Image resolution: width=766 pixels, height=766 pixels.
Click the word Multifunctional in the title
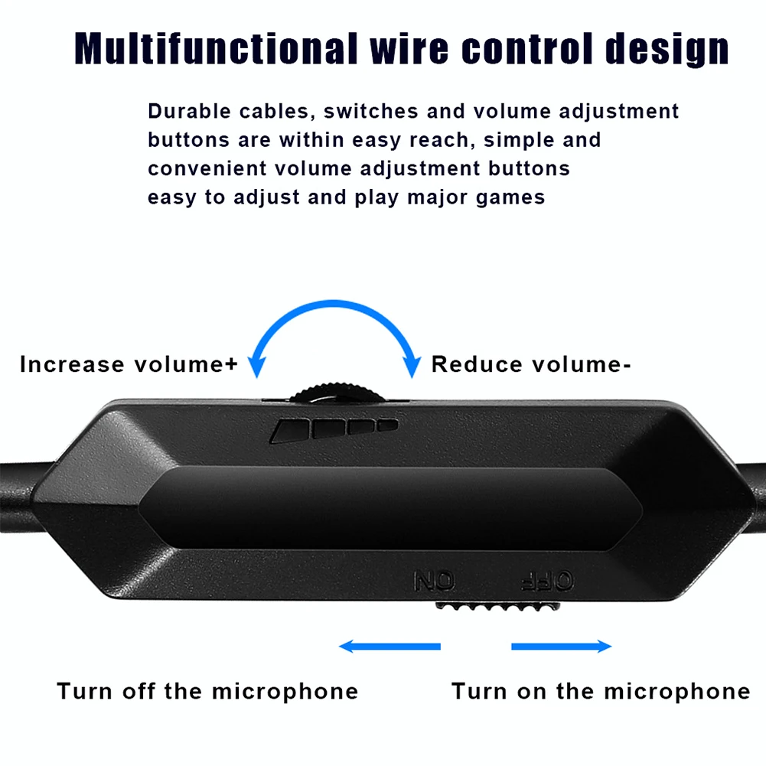coord(214,49)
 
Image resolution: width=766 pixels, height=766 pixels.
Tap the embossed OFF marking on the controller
coord(546,582)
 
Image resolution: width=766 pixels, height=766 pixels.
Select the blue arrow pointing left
coord(390,647)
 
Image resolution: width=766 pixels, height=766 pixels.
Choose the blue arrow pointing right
coord(562,647)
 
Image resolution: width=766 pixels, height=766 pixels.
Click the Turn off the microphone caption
coord(207,691)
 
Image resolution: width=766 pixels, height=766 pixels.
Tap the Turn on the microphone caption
coord(601,691)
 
